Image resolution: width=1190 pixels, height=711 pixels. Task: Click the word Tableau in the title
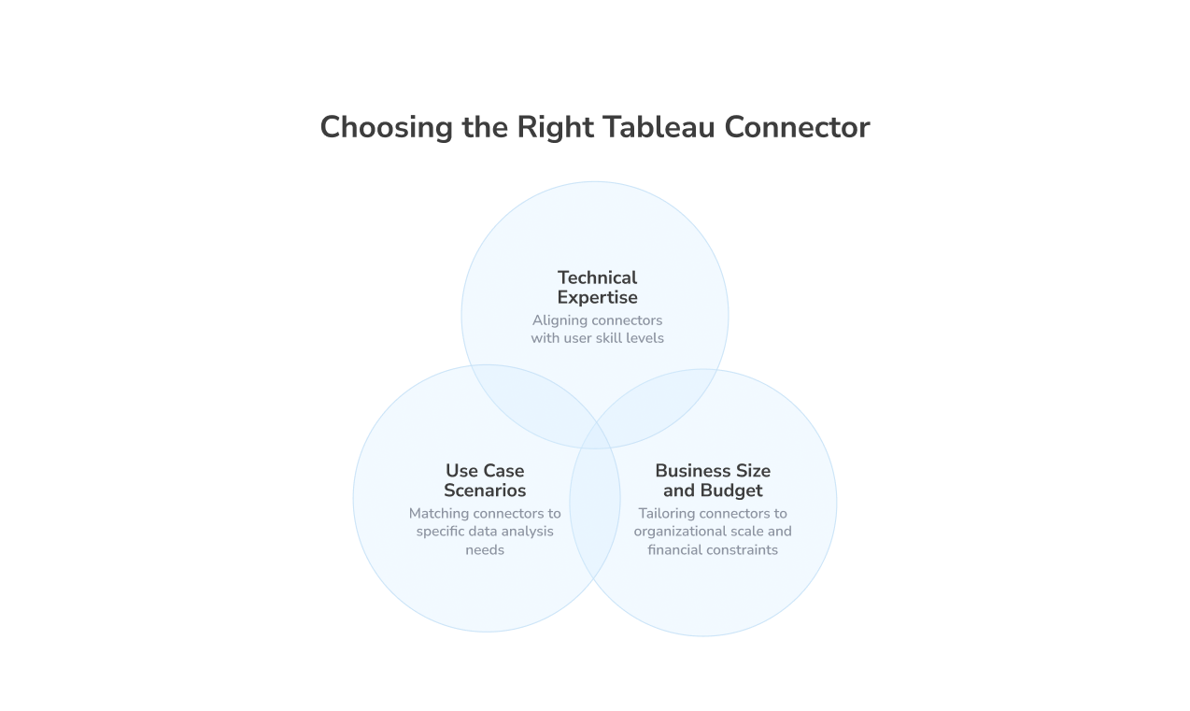(x=659, y=128)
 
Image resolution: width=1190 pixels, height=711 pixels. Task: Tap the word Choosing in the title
(x=386, y=129)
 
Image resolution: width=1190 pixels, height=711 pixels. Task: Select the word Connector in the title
(x=797, y=128)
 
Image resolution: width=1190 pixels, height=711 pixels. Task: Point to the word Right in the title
(x=555, y=129)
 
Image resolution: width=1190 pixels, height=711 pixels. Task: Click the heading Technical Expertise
(x=597, y=288)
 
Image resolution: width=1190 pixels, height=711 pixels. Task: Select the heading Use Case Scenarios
(x=485, y=480)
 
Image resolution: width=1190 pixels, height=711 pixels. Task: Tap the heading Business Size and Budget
(x=713, y=480)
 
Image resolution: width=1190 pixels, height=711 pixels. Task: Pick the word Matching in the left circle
(x=439, y=515)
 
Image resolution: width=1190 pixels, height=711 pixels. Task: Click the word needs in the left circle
(x=485, y=550)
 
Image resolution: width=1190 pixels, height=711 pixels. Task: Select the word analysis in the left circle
(x=527, y=532)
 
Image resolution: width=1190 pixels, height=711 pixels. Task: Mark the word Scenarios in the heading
(x=485, y=491)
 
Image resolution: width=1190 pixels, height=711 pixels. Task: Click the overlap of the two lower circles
(x=595, y=502)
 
